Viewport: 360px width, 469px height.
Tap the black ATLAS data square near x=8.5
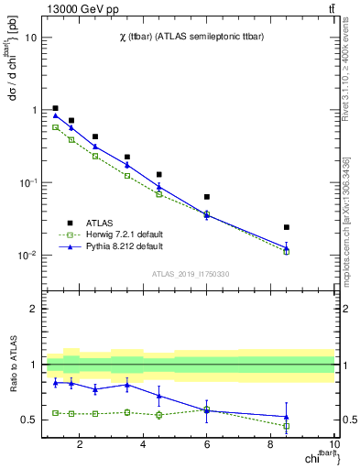point(287,227)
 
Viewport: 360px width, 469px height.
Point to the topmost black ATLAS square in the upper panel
point(56,108)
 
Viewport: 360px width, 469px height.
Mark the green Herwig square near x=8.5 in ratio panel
point(287,426)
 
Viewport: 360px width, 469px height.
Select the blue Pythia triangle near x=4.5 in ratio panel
point(159,396)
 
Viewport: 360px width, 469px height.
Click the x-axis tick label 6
point(207,446)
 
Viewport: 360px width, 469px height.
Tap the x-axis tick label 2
point(80,446)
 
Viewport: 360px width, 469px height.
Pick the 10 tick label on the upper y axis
point(31,38)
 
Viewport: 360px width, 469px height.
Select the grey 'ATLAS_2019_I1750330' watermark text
point(191,274)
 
